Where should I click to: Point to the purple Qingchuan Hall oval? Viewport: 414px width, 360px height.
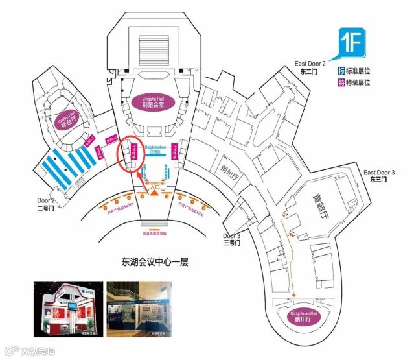coord(300,316)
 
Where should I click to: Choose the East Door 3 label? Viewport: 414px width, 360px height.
coord(379,176)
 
